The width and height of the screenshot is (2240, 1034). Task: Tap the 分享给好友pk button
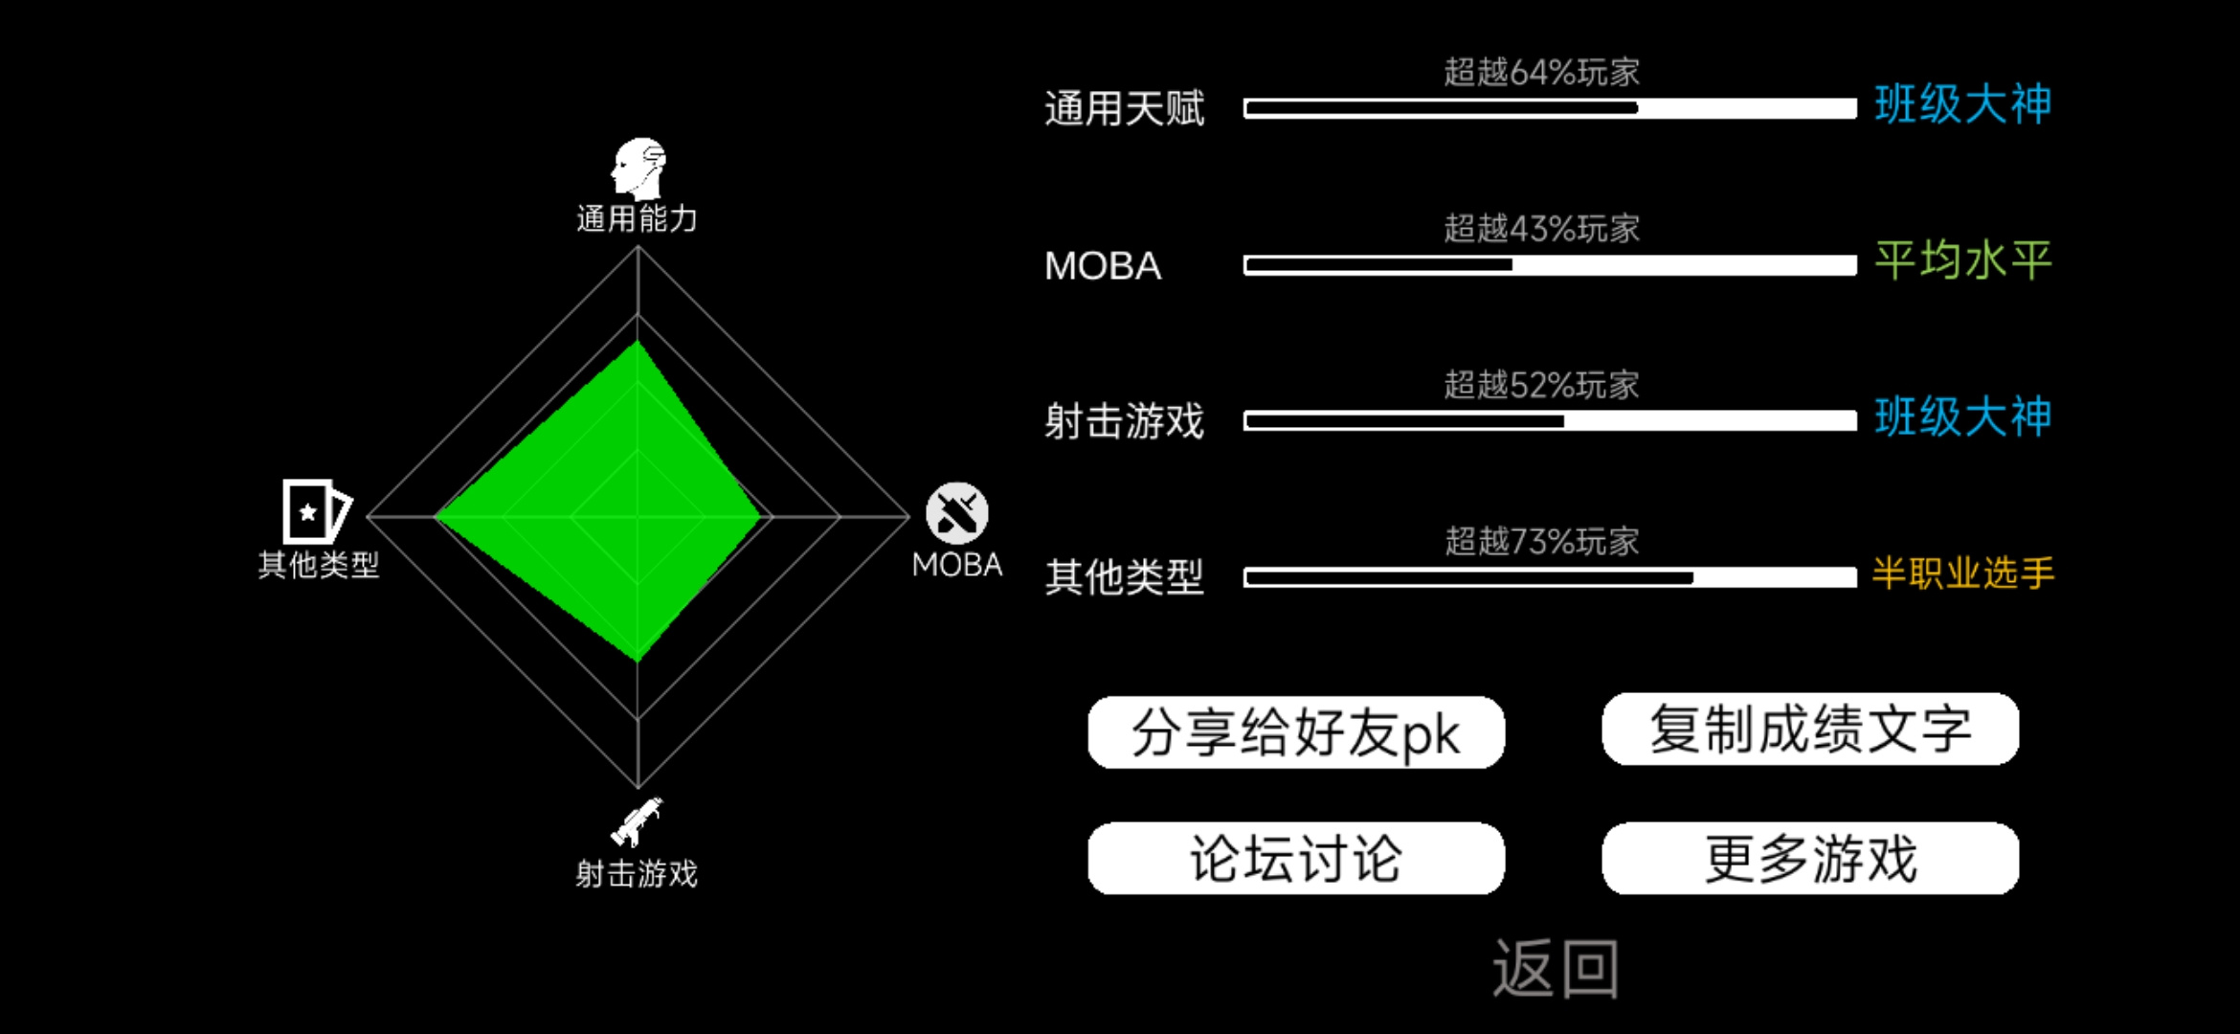coord(1296,732)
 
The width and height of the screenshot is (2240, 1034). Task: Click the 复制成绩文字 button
coord(1810,730)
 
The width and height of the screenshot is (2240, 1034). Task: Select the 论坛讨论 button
coord(1296,858)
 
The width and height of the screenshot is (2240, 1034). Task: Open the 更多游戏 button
coord(1810,858)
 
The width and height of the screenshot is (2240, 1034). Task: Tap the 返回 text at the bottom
coord(1556,969)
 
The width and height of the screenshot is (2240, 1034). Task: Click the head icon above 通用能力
coord(638,168)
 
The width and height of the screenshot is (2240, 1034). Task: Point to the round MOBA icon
coord(956,513)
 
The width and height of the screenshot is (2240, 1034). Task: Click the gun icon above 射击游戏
coord(637,821)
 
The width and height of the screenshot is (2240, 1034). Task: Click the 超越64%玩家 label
coord(1541,72)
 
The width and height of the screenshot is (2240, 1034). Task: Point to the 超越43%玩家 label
coord(1541,228)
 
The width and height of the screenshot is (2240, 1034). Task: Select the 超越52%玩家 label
coord(1541,385)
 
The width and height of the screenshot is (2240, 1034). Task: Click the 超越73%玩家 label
coord(1541,541)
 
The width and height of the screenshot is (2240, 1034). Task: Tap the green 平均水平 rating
coord(1962,260)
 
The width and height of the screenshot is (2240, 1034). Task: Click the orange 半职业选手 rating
coord(1962,573)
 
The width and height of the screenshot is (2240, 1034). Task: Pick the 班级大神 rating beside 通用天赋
coord(1962,103)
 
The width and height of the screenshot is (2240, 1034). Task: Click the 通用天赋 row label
coord(1124,108)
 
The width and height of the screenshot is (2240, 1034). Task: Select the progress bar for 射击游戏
coord(1550,421)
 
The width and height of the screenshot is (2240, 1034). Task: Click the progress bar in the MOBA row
coord(1550,265)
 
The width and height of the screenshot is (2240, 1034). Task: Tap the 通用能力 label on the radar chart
coord(637,218)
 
